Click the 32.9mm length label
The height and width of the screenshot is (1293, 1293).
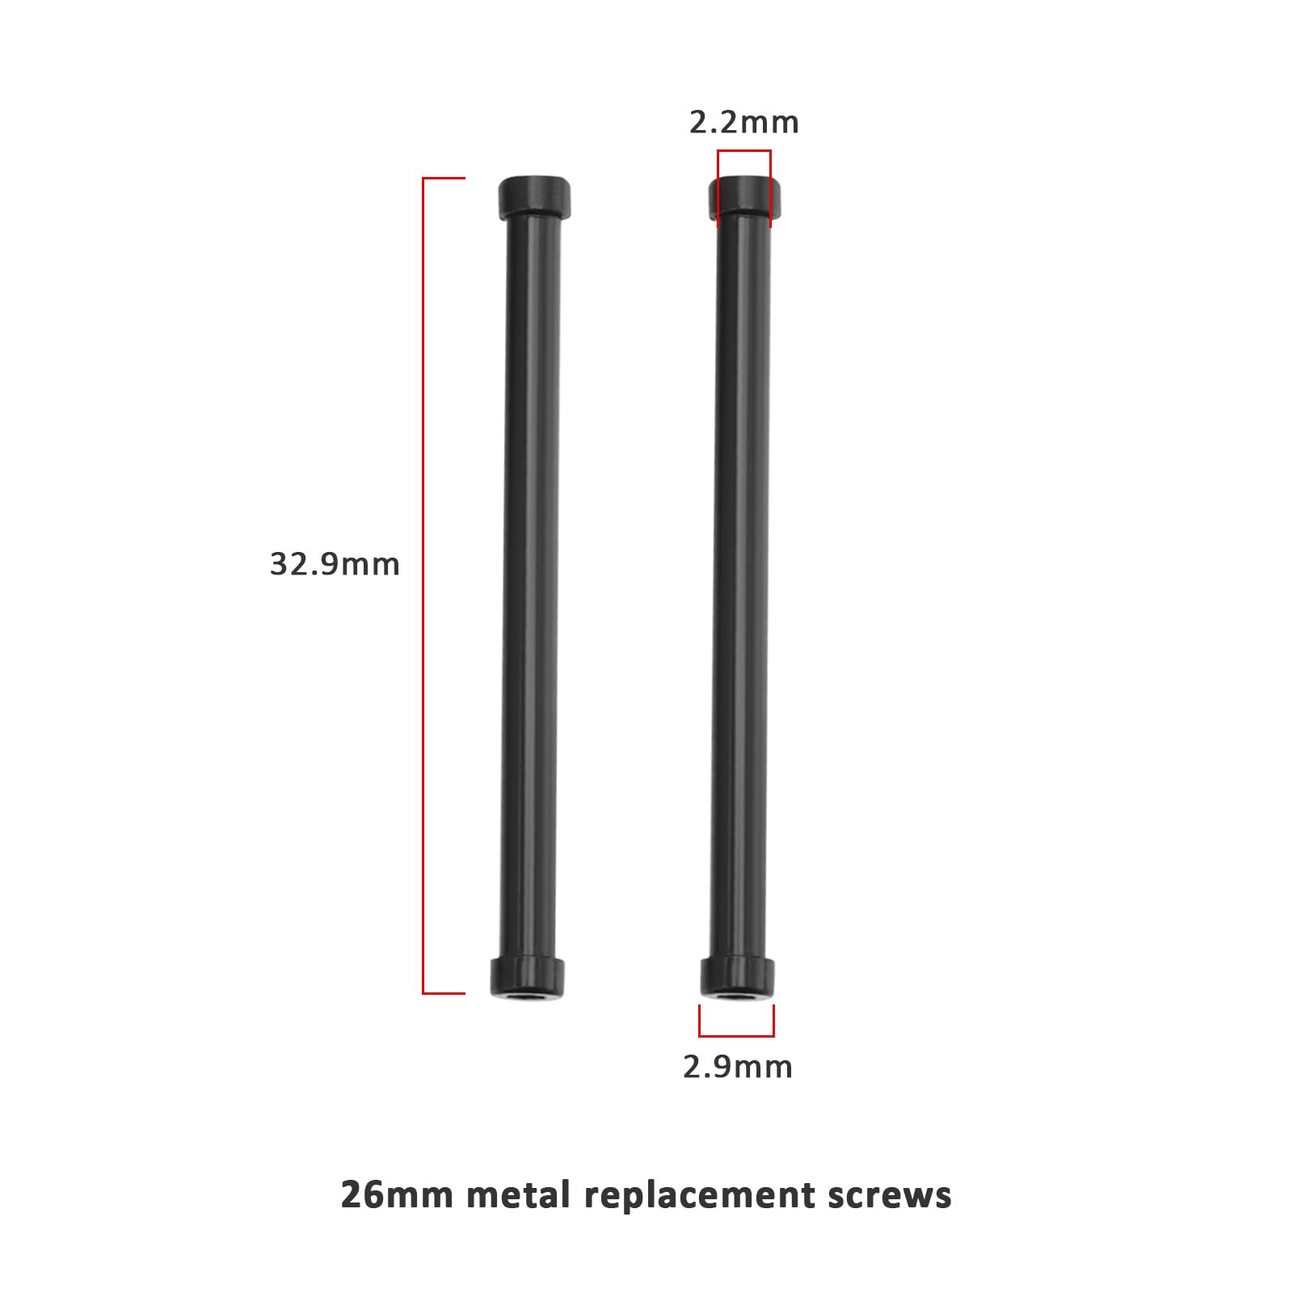pos(335,564)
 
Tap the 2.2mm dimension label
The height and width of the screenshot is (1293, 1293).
pos(743,123)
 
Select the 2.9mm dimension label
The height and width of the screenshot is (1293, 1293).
pos(737,1068)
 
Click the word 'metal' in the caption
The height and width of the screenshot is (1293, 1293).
pos(518,1194)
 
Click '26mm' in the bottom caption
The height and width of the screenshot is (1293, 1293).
pos(397,1194)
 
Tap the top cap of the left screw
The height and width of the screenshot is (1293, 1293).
pos(534,196)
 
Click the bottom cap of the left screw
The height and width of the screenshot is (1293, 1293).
pos(527,978)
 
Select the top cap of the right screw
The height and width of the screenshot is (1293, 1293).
pos(745,198)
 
